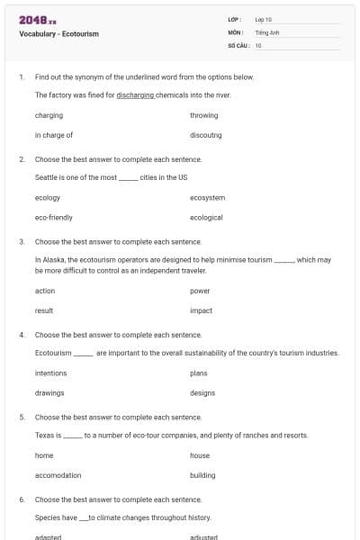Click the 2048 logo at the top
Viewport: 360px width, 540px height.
pos(37,19)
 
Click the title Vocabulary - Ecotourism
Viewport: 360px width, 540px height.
pos(58,34)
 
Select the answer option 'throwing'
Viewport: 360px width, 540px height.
pos(203,115)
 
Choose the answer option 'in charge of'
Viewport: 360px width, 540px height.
pos(54,135)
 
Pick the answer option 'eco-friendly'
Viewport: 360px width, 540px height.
pos(54,217)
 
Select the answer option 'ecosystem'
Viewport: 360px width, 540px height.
pos(207,197)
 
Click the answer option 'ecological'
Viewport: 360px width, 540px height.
pos(206,217)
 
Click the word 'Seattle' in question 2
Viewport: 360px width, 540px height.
pos(47,176)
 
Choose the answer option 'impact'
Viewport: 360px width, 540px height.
pos(201,310)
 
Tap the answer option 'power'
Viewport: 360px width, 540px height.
pos(200,291)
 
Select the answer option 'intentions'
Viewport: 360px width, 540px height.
pos(50,373)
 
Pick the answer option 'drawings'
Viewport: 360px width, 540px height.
pos(49,392)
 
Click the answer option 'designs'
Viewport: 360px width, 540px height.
pos(202,392)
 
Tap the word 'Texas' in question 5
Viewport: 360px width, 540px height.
pos(45,435)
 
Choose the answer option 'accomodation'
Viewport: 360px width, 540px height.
pos(58,475)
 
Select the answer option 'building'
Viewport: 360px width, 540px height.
pos(202,475)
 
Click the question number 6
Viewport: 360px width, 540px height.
pos(21,499)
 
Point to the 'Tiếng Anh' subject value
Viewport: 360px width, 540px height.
pos(266,31)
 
